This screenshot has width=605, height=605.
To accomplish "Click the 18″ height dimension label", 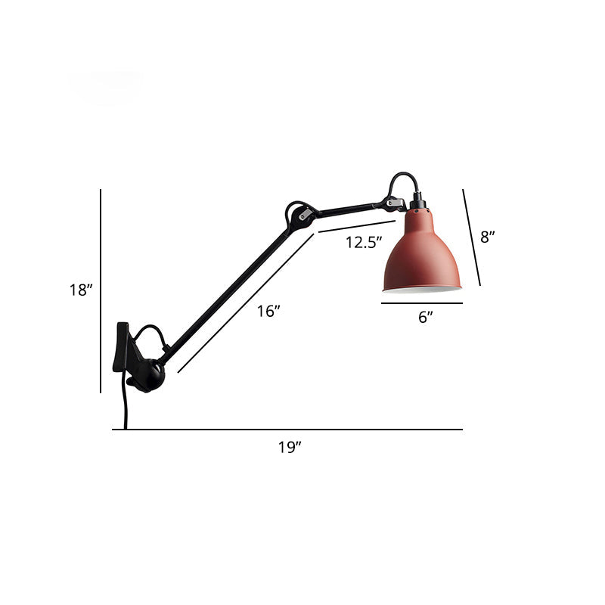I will pos(80,290).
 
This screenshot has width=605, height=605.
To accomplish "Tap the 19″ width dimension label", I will pos(289,447).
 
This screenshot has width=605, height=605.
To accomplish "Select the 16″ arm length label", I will pos(268,311).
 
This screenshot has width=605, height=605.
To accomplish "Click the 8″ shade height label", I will pos(488,237).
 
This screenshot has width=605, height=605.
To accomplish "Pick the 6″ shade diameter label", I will pos(426,318).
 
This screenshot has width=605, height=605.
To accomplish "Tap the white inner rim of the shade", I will pos(422,288).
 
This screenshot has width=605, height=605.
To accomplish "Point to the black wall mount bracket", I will pos(123,348).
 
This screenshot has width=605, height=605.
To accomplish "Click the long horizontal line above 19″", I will pos(287,430).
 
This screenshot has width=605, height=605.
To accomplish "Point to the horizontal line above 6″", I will pos(422,303).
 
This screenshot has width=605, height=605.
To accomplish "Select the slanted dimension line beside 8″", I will pos(472,237).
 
